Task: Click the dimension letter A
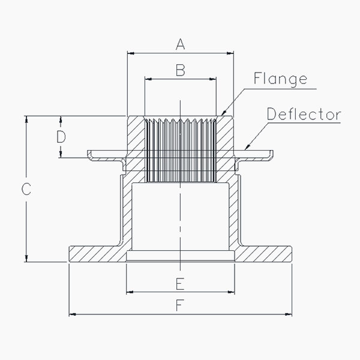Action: [180, 44]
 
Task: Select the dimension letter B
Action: [181, 70]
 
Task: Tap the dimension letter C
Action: [26, 189]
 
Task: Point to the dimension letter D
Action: [61, 137]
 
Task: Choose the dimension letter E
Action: [180, 284]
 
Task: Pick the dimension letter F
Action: [180, 305]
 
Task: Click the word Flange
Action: [280, 79]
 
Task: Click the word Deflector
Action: [304, 114]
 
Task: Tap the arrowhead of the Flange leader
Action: [223, 113]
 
